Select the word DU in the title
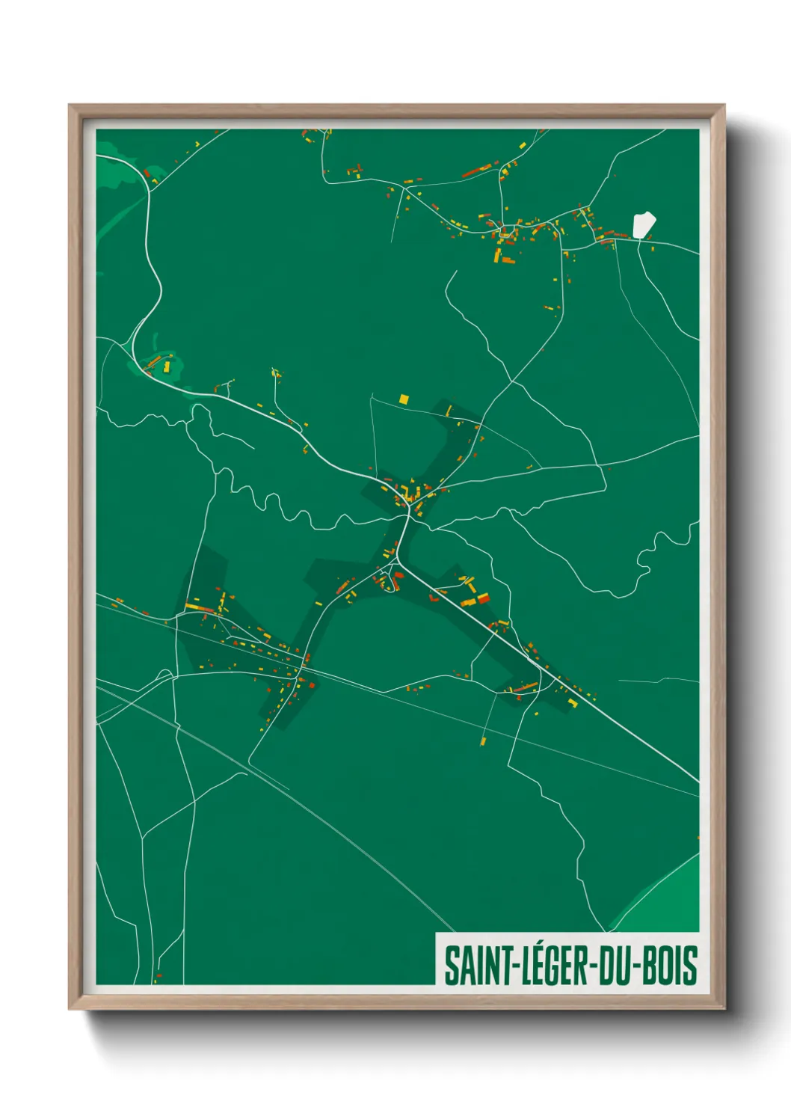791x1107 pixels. [615, 966]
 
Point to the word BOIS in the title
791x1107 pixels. [671, 966]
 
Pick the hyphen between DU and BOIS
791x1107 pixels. [638, 966]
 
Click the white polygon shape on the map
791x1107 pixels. [643, 224]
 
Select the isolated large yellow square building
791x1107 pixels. [404, 399]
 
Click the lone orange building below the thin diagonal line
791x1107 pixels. [483, 741]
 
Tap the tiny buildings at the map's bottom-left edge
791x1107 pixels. [157, 978]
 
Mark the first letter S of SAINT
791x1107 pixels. [451, 966]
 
